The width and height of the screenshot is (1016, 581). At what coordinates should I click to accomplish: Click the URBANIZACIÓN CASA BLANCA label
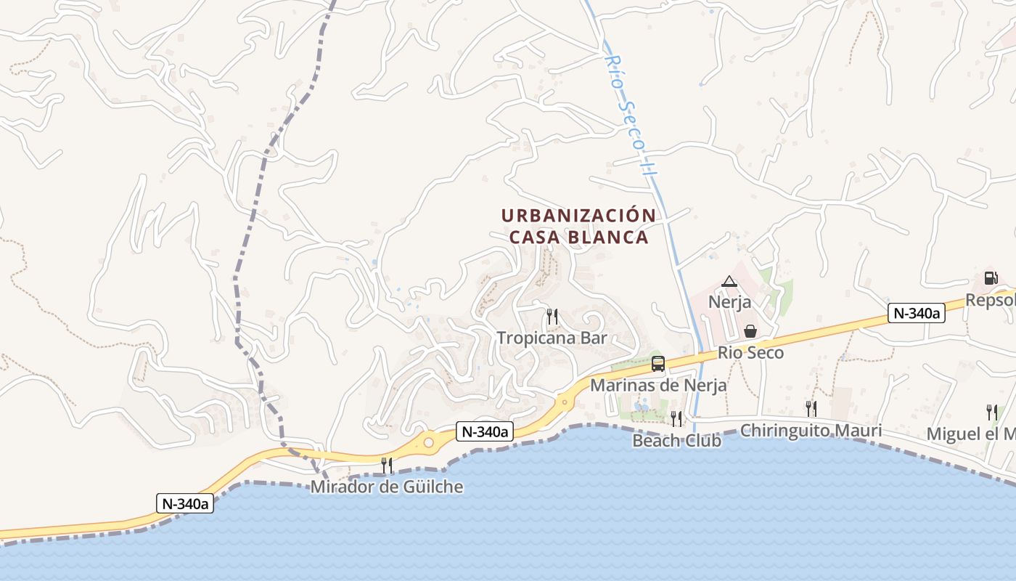click(578, 227)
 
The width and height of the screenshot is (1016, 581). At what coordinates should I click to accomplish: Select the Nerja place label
click(729, 301)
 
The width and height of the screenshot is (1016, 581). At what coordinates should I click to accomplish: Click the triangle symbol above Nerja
click(729, 281)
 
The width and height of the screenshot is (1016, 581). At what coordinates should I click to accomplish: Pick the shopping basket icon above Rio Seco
click(750, 331)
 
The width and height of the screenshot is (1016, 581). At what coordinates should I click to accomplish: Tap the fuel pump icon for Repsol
click(991, 278)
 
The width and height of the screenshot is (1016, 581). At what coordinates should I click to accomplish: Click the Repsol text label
click(991, 301)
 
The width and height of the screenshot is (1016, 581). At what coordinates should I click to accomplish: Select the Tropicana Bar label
click(552, 338)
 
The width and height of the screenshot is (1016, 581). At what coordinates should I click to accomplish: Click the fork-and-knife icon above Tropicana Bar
click(552, 317)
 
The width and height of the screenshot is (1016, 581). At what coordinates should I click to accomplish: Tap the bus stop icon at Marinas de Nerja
click(658, 364)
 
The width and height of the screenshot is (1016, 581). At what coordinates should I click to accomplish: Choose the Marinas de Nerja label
click(658, 385)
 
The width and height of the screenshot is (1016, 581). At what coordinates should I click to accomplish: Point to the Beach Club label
click(676, 440)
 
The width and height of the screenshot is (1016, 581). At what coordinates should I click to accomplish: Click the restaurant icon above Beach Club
click(676, 418)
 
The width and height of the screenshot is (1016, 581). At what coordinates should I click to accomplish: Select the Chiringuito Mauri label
click(811, 431)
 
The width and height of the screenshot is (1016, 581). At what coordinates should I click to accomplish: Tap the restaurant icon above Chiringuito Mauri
click(811, 409)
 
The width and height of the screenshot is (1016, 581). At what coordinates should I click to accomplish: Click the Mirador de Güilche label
click(387, 487)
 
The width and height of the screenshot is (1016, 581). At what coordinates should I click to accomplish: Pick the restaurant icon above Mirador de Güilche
click(387, 465)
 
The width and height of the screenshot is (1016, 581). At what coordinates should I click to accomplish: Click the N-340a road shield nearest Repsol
click(916, 313)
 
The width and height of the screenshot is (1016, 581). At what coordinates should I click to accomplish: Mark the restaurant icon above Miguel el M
click(991, 413)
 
